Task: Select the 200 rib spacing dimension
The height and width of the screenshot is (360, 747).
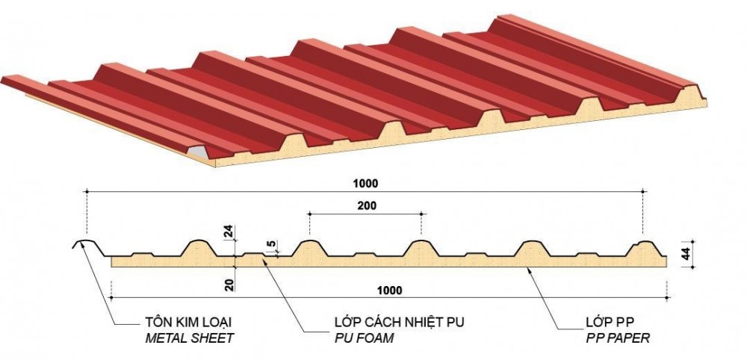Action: coord(367,205)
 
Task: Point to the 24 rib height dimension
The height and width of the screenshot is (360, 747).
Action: coord(229,232)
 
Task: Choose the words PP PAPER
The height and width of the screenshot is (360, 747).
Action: coord(618,338)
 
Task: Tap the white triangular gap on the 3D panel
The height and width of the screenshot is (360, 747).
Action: coord(196,153)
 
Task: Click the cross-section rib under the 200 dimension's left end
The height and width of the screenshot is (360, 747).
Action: coord(308,248)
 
